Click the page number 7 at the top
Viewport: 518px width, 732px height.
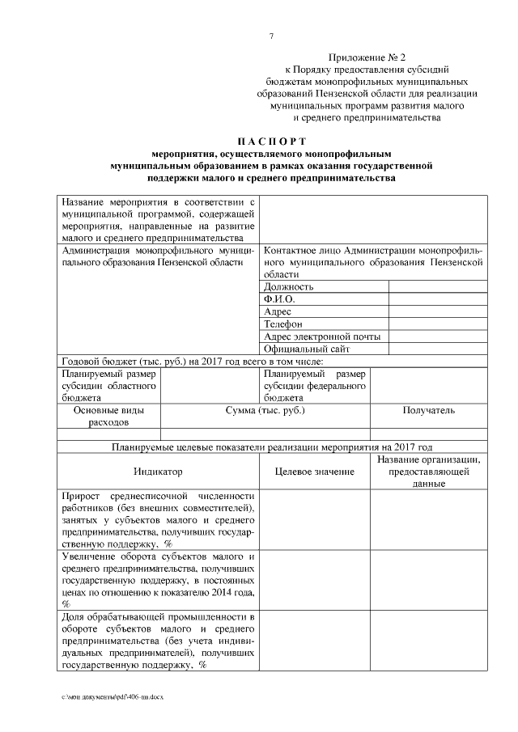(x=271, y=36)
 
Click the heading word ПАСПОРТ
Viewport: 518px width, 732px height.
(x=271, y=140)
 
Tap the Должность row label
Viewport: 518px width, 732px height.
(x=289, y=286)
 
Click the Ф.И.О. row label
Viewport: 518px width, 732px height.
(x=279, y=298)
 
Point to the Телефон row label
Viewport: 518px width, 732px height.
(x=283, y=324)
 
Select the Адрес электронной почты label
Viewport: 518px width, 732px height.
(x=322, y=336)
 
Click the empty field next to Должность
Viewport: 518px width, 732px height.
(x=438, y=286)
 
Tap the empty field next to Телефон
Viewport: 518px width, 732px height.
(x=438, y=324)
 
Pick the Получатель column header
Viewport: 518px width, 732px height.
(x=428, y=411)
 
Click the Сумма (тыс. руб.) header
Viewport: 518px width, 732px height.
(x=265, y=411)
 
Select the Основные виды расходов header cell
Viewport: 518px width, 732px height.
(x=109, y=417)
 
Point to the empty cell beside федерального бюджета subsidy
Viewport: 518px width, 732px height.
(x=428, y=386)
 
